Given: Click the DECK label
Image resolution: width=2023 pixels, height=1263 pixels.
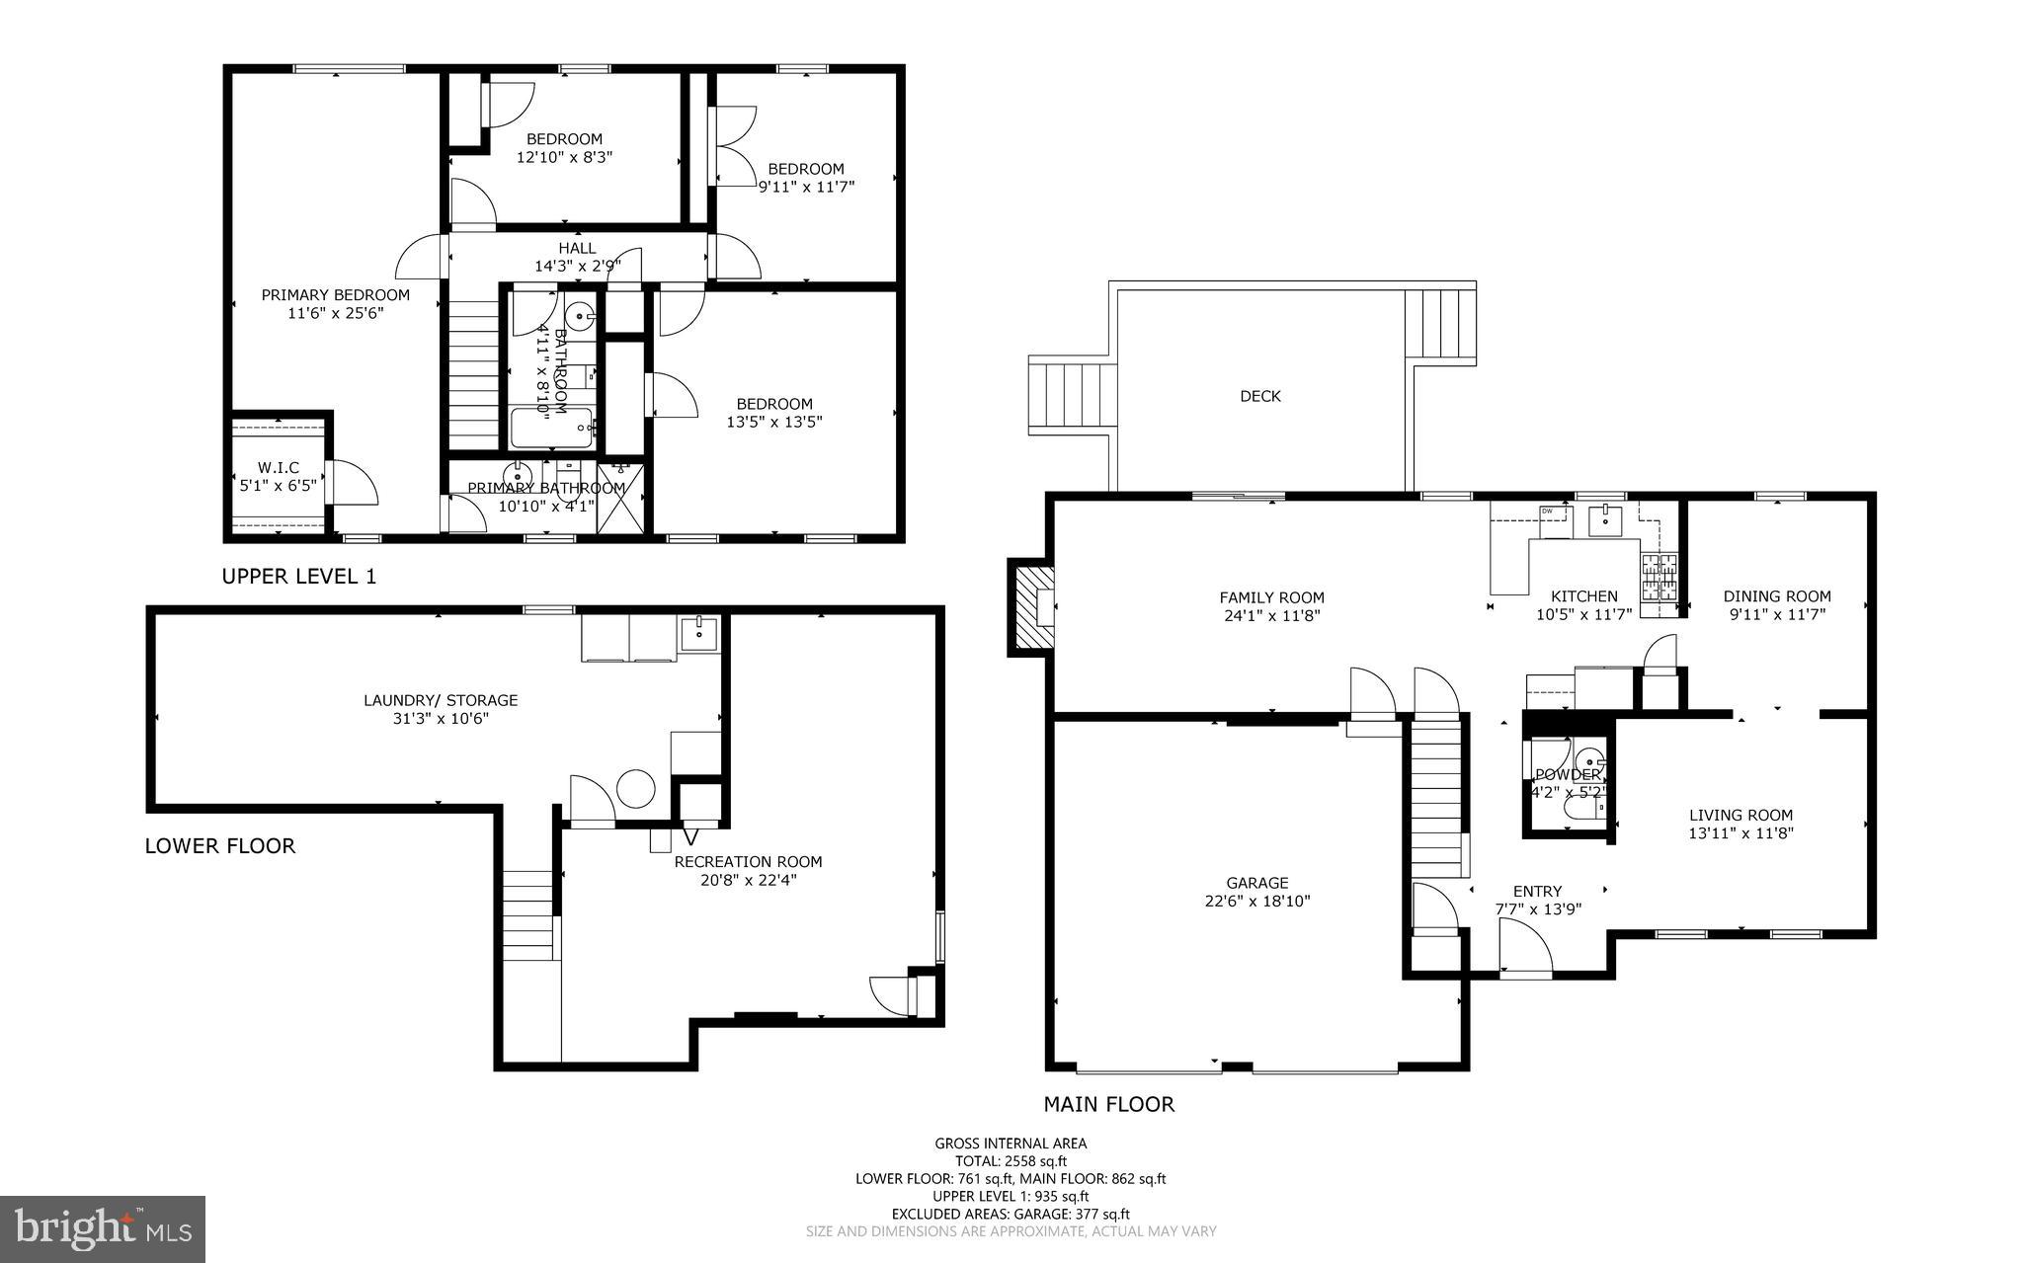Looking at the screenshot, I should [x=1259, y=396].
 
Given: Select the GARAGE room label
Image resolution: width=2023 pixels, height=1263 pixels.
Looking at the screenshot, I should [x=1257, y=883].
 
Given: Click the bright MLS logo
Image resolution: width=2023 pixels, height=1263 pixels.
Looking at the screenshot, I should [x=103, y=1228].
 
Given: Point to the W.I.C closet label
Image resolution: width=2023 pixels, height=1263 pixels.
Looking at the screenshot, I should [x=278, y=467].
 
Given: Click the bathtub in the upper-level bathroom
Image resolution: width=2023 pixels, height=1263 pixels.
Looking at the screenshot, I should [x=550, y=429].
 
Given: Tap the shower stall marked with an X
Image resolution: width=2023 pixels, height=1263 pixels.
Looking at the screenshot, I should [x=620, y=500].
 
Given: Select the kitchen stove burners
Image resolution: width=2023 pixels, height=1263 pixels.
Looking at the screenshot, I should [x=1659, y=578].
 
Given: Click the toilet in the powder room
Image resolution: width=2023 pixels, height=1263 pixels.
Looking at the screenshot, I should [x=1582, y=810].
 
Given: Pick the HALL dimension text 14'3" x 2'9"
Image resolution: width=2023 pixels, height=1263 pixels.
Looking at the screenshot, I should [x=578, y=266].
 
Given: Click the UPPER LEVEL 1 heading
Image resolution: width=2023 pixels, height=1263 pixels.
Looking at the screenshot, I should [x=298, y=576].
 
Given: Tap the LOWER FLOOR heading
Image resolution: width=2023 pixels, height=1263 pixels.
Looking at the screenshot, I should [x=219, y=845].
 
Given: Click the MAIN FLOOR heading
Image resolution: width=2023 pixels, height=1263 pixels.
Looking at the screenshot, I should [x=1109, y=1104].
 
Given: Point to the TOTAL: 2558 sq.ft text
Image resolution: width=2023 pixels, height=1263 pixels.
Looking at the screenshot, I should [x=1011, y=1161].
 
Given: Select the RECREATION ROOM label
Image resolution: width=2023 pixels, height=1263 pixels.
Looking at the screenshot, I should [x=748, y=861].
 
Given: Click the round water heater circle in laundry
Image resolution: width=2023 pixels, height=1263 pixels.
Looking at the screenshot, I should [x=636, y=788].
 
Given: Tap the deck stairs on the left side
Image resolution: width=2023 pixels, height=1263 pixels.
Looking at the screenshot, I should [x=1072, y=395].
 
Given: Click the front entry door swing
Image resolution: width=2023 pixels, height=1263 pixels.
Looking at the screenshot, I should [x=1524, y=948].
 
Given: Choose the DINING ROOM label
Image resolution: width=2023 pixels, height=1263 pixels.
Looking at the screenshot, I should [x=1777, y=595].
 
